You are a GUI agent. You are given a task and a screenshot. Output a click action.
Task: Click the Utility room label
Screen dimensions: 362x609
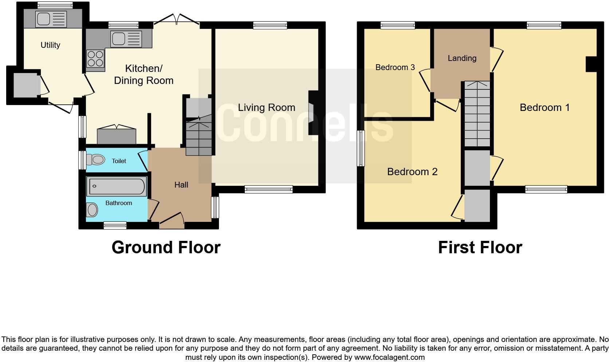(x=50, y=45)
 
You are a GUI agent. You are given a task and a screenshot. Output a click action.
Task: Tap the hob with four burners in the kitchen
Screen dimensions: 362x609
(x=95, y=59)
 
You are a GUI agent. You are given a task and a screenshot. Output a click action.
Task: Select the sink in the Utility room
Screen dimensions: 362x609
(x=51, y=19)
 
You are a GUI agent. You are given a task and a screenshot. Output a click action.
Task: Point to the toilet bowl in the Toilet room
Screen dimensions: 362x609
(x=97, y=159)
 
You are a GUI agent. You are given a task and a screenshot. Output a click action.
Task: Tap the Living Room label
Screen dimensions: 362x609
(x=266, y=108)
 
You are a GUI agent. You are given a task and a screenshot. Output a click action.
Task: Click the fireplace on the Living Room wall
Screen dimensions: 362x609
(x=312, y=113)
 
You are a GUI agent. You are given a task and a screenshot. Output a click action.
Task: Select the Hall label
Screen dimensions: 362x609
(x=181, y=185)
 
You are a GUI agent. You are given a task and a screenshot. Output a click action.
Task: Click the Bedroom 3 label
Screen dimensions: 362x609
(x=395, y=68)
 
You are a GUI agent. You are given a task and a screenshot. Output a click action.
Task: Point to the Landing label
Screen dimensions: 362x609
(x=462, y=58)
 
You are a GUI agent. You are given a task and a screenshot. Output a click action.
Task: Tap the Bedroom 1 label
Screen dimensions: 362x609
(x=544, y=108)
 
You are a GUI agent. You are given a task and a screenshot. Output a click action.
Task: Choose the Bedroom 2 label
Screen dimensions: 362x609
(x=412, y=172)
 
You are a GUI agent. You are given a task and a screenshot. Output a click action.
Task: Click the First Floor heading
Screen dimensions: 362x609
(x=480, y=247)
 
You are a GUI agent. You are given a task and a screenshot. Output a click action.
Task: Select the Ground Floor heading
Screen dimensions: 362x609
(x=166, y=247)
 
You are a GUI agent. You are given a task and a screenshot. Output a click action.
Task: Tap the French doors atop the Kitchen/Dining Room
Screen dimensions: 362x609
(x=177, y=20)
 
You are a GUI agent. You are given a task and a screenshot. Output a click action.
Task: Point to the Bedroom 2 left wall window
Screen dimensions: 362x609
(x=361, y=148)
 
